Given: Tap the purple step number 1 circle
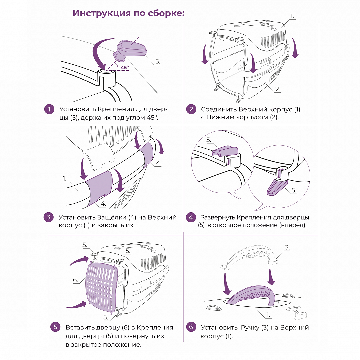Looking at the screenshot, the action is (x=49, y=109).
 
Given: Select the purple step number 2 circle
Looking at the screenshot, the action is (x=191, y=109).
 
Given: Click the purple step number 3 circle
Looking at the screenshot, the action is (x=49, y=217).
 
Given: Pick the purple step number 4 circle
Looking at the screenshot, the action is (x=191, y=217).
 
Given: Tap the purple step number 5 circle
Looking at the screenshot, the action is (x=55, y=327).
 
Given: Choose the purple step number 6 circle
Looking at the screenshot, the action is (x=191, y=327).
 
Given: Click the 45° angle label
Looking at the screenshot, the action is (x=125, y=67).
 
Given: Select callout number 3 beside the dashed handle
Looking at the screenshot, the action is (x=287, y=247).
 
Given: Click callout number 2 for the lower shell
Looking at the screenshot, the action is (x=278, y=89).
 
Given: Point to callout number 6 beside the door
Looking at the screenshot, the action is (x=76, y=280).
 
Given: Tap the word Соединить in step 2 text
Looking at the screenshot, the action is (x=218, y=109).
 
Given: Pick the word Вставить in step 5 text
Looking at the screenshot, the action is (x=79, y=327).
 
